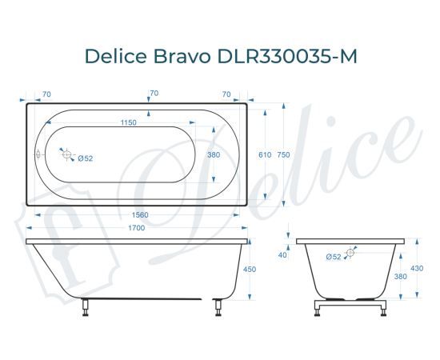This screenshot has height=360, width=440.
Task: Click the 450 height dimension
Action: (x=249, y=270)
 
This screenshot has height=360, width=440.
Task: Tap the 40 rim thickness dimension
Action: (x=282, y=255)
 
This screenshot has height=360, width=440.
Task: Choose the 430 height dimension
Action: (x=417, y=268)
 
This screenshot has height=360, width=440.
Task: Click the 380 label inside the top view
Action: (x=214, y=154)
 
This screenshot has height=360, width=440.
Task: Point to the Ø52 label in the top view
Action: (x=86, y=158)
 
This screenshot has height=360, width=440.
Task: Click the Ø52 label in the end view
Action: (x=334, y=256)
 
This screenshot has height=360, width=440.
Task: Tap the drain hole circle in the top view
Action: (x=68, y=155)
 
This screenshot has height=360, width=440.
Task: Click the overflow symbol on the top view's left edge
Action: (x=38, y=155)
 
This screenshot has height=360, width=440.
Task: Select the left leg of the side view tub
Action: (x=86, y=306)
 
